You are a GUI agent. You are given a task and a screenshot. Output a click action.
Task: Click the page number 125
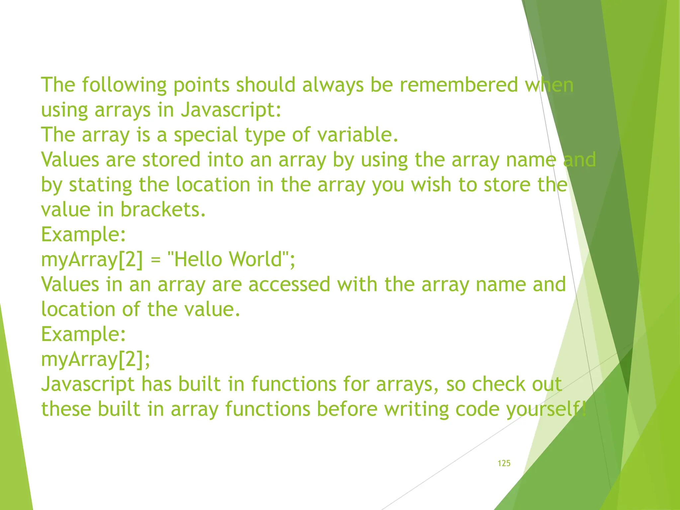(x=504, y=463)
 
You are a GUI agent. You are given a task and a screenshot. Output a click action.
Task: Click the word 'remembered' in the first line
(x=459, y=85)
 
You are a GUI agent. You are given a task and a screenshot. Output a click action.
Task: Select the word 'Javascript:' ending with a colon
(x=231, y=110)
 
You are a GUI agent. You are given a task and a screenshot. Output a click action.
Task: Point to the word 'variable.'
(x=358, y=135)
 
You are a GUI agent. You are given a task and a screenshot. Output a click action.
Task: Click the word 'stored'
(x=171, y=160)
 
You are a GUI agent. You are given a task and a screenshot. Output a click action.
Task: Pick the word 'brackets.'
(x=163, y=210)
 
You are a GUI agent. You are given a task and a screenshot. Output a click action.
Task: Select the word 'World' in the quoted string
(x=256, y=259)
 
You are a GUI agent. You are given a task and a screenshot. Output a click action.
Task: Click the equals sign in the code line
(x=155, y=260)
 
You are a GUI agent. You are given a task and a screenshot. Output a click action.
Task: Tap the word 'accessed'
(x=289, y=285)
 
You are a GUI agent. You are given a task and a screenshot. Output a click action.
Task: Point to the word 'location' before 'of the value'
(x=78, y=309)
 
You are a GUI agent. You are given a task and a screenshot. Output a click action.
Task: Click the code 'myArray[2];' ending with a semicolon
(x=96, y=359)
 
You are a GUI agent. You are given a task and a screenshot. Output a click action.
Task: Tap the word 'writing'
(x=416, y=409)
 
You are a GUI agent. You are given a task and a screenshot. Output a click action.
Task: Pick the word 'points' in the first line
(x=201, y=85)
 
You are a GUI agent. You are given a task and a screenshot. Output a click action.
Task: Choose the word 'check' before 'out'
(x=498, y=384)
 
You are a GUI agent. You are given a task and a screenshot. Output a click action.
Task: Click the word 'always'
(x=333, y=85)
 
